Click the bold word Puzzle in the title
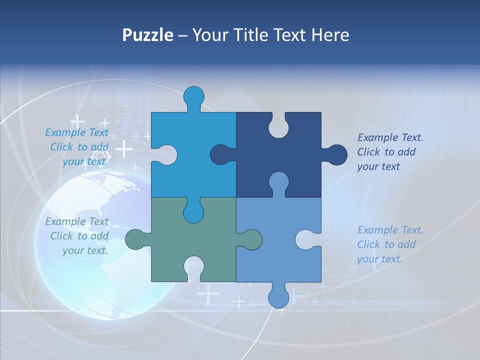pyautogui.click(x=147, y=35)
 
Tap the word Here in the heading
pyautogui.click(x=330, y=35)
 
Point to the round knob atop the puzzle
pyautogui.click(x=193, y=96)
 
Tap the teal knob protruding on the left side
pyautogui.click(x=136, y=239)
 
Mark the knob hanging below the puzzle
pyautogui.click(x=278, y=297)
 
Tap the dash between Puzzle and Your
pyautogui.click(x=182, y=35)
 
